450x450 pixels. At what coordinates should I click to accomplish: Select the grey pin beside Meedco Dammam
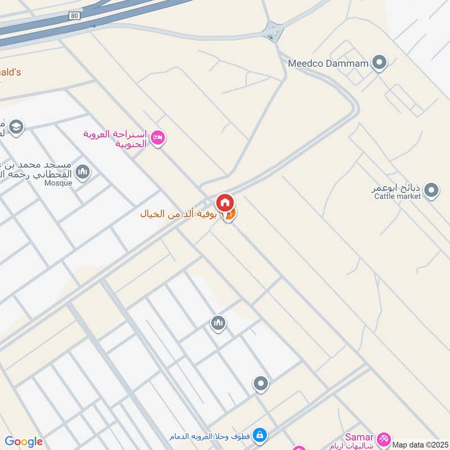(x=380, y=62)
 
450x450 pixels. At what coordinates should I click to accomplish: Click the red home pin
(x=225, y=202)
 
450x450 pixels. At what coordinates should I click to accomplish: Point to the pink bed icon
(x=159, y=137)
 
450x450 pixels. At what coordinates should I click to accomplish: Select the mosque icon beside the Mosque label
(x=83, y=171)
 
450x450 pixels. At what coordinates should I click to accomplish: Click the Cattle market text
(x=398, y=196)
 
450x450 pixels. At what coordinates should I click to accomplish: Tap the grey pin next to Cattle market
(x=431, y=191)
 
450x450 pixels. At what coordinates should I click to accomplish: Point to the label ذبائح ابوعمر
(x=396, y=188)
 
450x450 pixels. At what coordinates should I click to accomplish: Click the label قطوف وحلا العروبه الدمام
(x=209, y=436)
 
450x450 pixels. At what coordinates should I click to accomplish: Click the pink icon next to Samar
(x=384, y=438)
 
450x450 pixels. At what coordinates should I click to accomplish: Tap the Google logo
(x=24, y=442)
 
